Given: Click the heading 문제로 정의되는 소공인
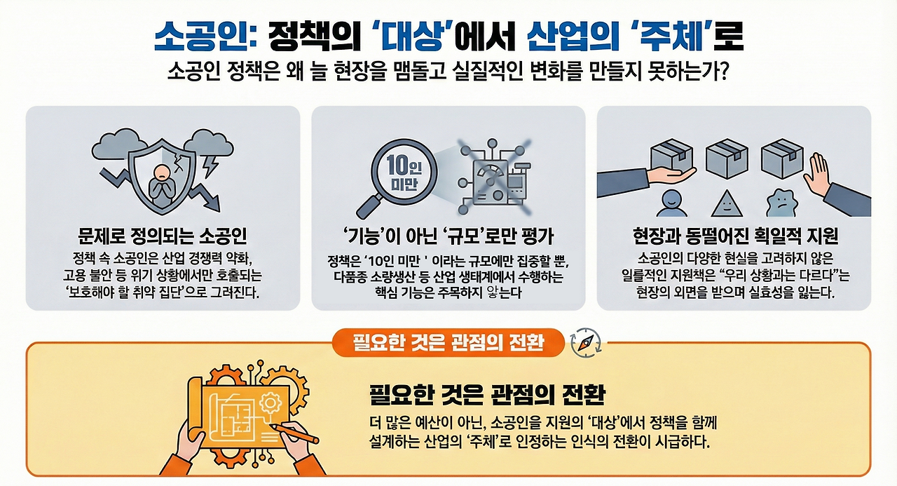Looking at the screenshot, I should coord(163,235).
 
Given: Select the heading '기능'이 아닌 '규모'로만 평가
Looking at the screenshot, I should coord(448,235).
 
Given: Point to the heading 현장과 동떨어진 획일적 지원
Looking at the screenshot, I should coord(734,235).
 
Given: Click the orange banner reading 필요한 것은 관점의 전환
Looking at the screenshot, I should coord(448,342).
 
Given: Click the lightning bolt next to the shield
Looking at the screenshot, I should coord(208,167).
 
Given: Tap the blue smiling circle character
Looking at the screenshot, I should coord(671,202).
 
